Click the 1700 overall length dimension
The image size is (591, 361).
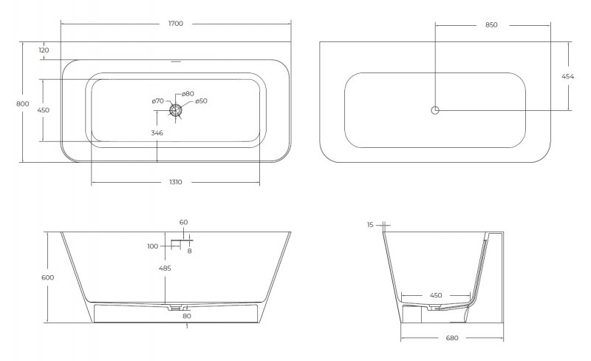(176, 24)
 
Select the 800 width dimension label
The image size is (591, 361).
(23, 104)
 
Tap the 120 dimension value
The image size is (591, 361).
(44, 50)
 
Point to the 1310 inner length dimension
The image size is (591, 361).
(176, 182)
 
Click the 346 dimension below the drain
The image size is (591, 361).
(157, 133)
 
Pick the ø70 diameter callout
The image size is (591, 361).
(158, 101)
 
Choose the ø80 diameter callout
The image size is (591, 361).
(188, 94)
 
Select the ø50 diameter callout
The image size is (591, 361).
(201, 101)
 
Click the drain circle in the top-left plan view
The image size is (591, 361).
(175, 110)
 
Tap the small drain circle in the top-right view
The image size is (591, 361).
(435, 110)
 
